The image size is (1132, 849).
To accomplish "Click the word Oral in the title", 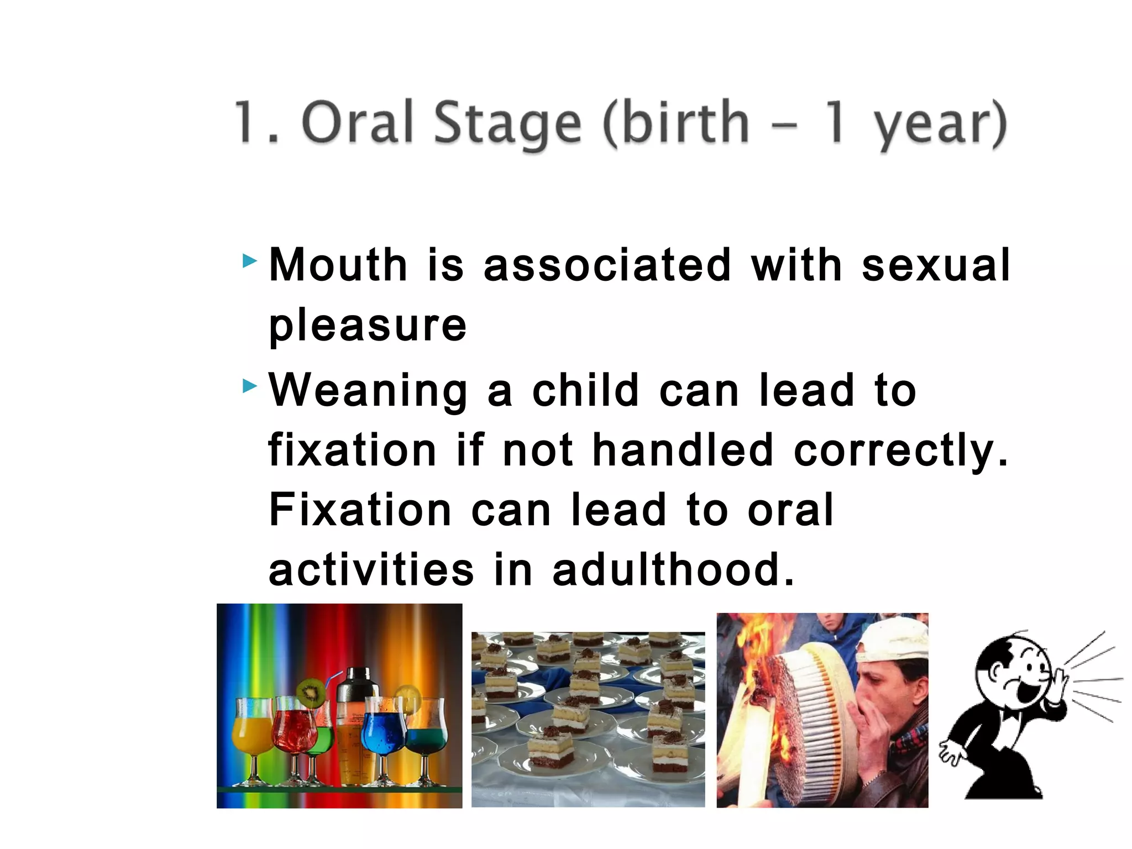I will pos(358,123).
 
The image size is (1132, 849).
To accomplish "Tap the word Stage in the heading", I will pos(507,124).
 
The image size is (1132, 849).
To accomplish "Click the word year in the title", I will pos(934,126).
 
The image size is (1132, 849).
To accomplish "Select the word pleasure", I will pos(368,326).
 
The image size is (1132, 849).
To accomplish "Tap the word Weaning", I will pos(368,391).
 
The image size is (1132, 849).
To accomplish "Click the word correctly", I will pos(900,451).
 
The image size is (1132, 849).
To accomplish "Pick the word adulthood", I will pos(673,570).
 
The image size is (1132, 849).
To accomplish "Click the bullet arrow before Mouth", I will pos(250,260).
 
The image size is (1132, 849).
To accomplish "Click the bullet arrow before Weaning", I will pos(250,386).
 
